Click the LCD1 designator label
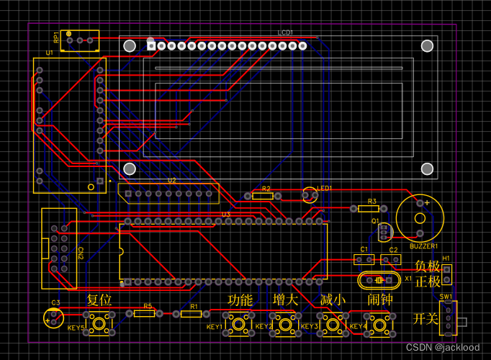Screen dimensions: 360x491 point(286,33)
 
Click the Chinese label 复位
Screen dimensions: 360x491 point(99,300)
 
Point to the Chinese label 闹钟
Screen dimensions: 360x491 point(379,300)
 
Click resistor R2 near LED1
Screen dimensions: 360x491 point(262,196)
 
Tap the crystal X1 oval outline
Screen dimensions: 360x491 point(377,279)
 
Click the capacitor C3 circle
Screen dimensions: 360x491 point(53,317)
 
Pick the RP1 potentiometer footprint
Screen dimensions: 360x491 point(79,40)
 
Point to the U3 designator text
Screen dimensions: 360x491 point(225,214)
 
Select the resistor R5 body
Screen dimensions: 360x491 point(144,313)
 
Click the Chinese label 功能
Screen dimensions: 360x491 point(240,300)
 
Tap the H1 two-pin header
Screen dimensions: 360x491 point(447,274)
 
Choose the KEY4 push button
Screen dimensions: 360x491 point(382,324)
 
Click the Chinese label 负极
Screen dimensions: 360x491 point(426,266)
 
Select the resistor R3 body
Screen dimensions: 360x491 point(371,209)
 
